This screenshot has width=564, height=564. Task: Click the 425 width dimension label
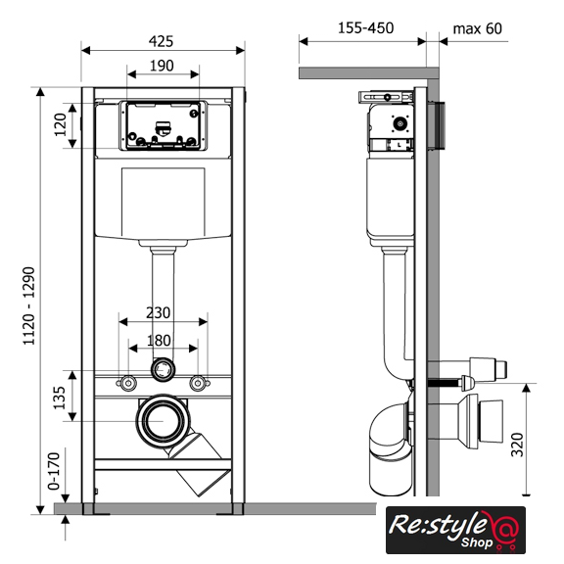(x=161, y=41)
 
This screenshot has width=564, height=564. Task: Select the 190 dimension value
(x=162, y=66)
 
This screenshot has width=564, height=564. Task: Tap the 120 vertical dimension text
(x=61, y=124)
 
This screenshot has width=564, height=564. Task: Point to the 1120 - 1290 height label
(x=28, y=306)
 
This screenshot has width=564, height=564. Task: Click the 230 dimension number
(x=159, y=313)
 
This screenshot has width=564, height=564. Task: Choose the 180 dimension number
(x=159, y=341)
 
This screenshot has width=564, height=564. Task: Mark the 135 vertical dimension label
(x=60, y=398)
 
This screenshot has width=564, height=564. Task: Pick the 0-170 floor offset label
(x=54, y=471)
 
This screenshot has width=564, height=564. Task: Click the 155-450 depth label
(x=366, y=28)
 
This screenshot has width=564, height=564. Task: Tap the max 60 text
(x=477, y=28)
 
